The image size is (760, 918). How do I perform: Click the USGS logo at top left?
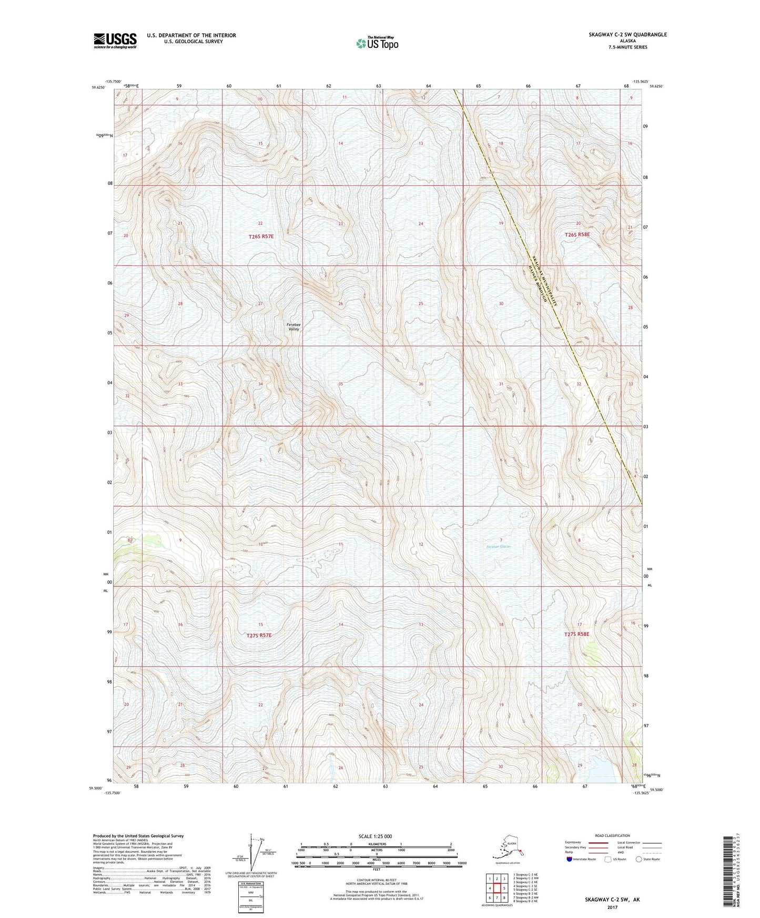pyautogui.click(x=115, y=40)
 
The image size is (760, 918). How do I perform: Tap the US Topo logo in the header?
pyautogui.click(x=376, y=43)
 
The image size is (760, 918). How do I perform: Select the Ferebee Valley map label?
pyautogui.click(x=293, y=327)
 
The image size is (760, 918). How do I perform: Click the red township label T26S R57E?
pyautogui.click(x=261, y=237)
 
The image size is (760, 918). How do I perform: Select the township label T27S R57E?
pyautogui.click(x=259, y=635)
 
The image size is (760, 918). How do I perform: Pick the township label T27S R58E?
pyautogui.click(x=576, y=634)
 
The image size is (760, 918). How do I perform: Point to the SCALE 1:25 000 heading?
pyautogui.click(x=376, y=836)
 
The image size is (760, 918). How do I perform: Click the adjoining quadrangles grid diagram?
pyautogui.click(x=496, y=888)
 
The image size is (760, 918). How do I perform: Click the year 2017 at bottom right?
pyautogui.click(x=612, y=907)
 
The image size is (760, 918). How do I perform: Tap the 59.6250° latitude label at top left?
pyautogui.click(x=98, y=88)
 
